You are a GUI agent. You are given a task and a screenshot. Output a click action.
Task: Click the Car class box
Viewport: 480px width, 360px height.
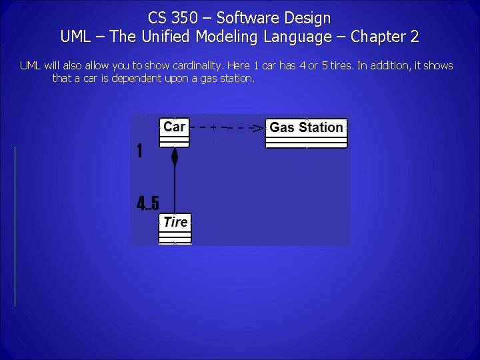tap(174, 132)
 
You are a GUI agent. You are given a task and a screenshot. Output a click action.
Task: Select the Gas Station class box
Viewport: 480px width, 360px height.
tap(307, 133)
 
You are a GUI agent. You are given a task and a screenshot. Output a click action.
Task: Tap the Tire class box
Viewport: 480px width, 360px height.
tap(175, 229)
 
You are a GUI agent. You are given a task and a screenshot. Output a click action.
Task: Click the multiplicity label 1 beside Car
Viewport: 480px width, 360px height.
tap(139, 151)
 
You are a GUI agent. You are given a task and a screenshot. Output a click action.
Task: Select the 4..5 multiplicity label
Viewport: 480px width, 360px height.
tap(147, 203)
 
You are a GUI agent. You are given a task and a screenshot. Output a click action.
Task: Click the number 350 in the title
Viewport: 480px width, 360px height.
tap(184, 17)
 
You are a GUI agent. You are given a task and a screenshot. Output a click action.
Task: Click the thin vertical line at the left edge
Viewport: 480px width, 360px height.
tap(15, 227)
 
